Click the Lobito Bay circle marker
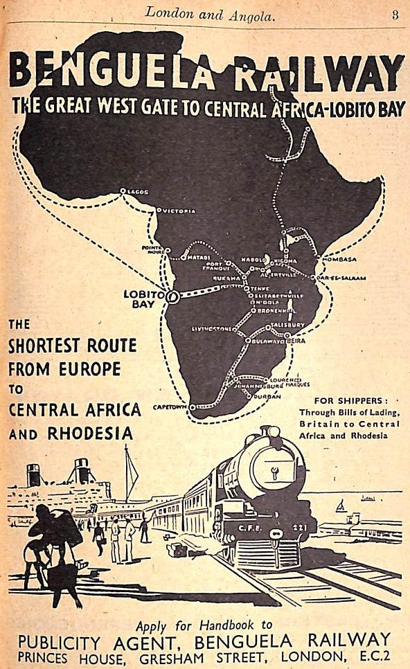pyautogui.click(x=172, y=296)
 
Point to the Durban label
pyautogui.click(x=267, y=395)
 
